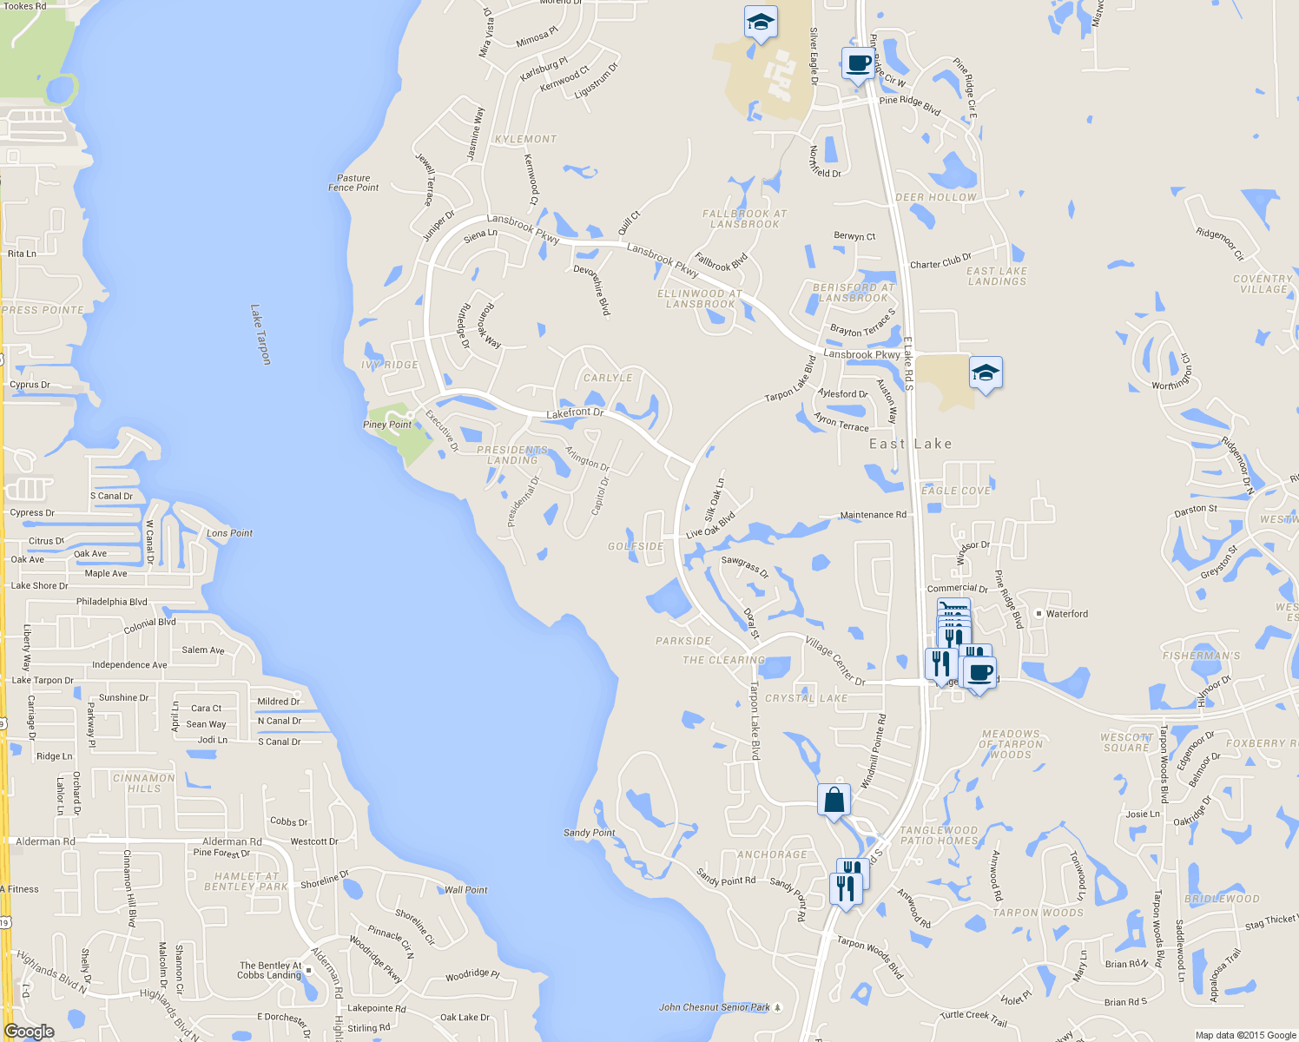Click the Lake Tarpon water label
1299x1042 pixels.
[260, 334]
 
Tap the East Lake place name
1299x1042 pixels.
[911, 444]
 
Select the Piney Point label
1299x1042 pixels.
[387, 425]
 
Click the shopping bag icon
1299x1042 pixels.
[834, 801]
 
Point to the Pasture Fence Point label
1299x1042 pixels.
[353, 182]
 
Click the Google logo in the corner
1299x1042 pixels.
[30, 1032]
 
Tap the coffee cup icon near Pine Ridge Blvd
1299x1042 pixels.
[858, 64]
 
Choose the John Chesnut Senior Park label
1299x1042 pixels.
[714, 1007]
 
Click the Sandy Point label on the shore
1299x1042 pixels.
[589, 833]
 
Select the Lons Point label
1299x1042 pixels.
[229, 533]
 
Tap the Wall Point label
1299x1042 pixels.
[465, 890]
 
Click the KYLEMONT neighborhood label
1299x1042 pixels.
[525, 139]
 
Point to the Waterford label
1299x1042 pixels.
[1066, 614]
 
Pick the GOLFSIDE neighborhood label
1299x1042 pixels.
[636, 546]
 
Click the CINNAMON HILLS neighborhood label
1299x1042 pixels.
[144, 783]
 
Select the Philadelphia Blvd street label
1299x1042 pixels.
[112, 602]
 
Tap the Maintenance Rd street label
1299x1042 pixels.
[873, 515]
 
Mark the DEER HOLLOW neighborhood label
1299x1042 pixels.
[935, 197]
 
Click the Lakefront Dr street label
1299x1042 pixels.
[575, 413]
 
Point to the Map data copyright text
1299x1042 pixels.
[1245, 1035]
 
